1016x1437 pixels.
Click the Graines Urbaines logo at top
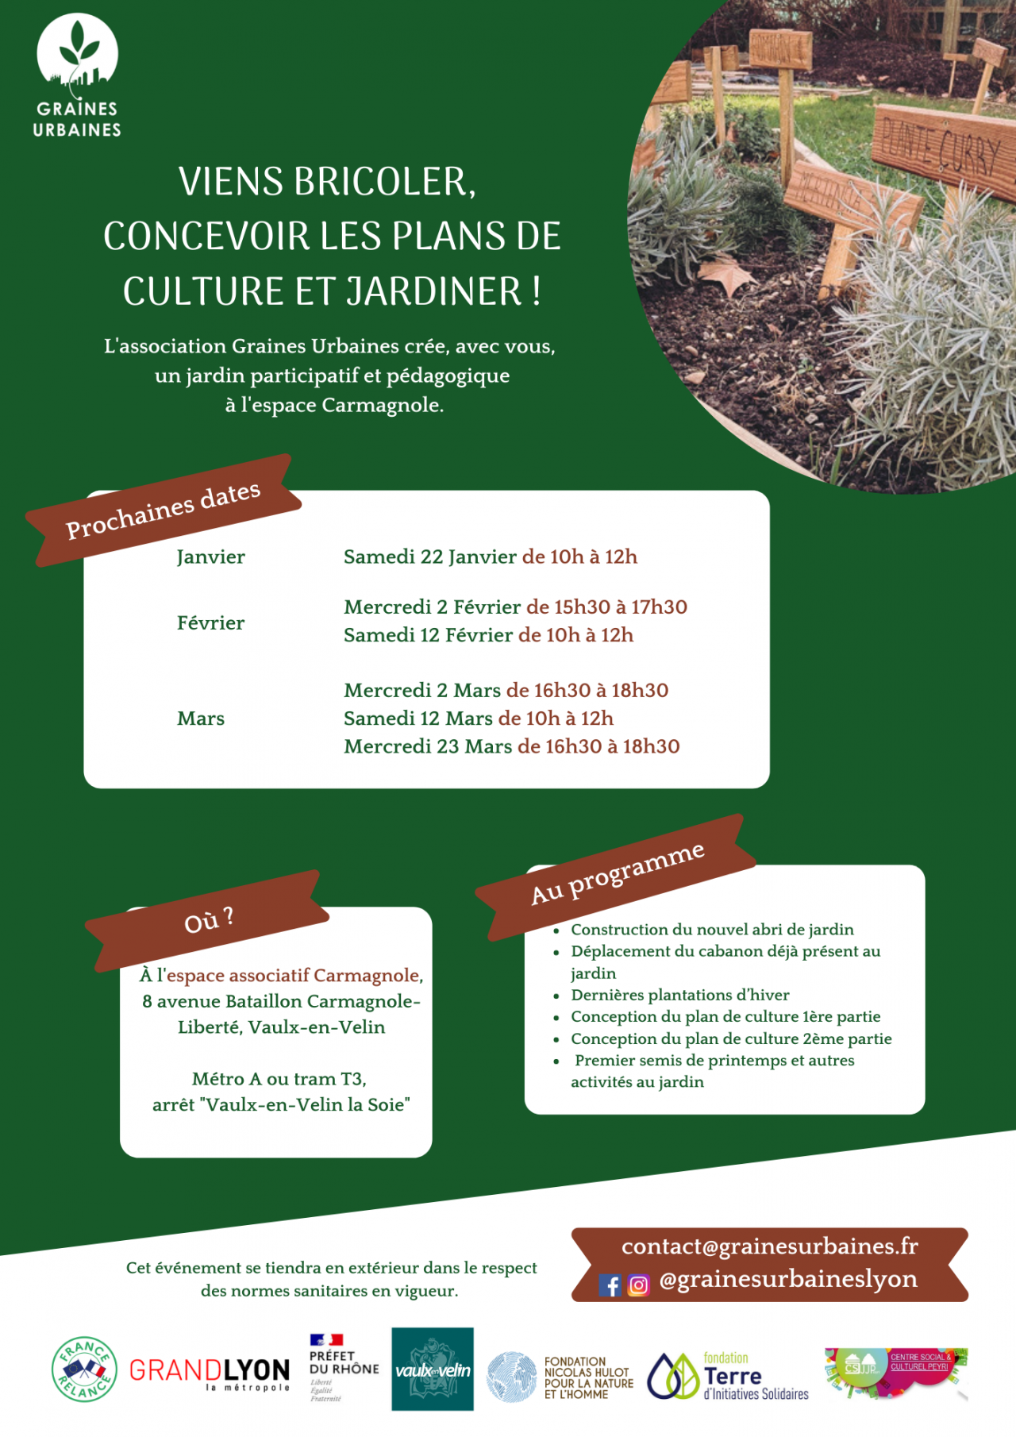tap(77, 75)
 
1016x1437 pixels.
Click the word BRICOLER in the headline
tap(384, 182)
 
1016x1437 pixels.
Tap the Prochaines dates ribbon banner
tap(164, 510)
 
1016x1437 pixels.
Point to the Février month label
tap(210, 622)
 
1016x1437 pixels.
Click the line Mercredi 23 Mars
tap(428, 746)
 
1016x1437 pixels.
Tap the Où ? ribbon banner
tap(208, 921)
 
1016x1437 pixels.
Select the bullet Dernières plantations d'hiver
tap(679, 995)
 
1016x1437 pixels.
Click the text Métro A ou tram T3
tap(279, 1079)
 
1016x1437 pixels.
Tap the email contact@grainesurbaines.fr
tap(769, 1246)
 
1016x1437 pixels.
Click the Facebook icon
tap(610, 1285)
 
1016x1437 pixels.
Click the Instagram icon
tap(638, 1285)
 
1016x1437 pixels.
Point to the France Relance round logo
tap(84, 1370)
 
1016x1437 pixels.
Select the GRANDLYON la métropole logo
tap(210, 1373)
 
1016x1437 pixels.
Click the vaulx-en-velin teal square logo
tap(433, 1370)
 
